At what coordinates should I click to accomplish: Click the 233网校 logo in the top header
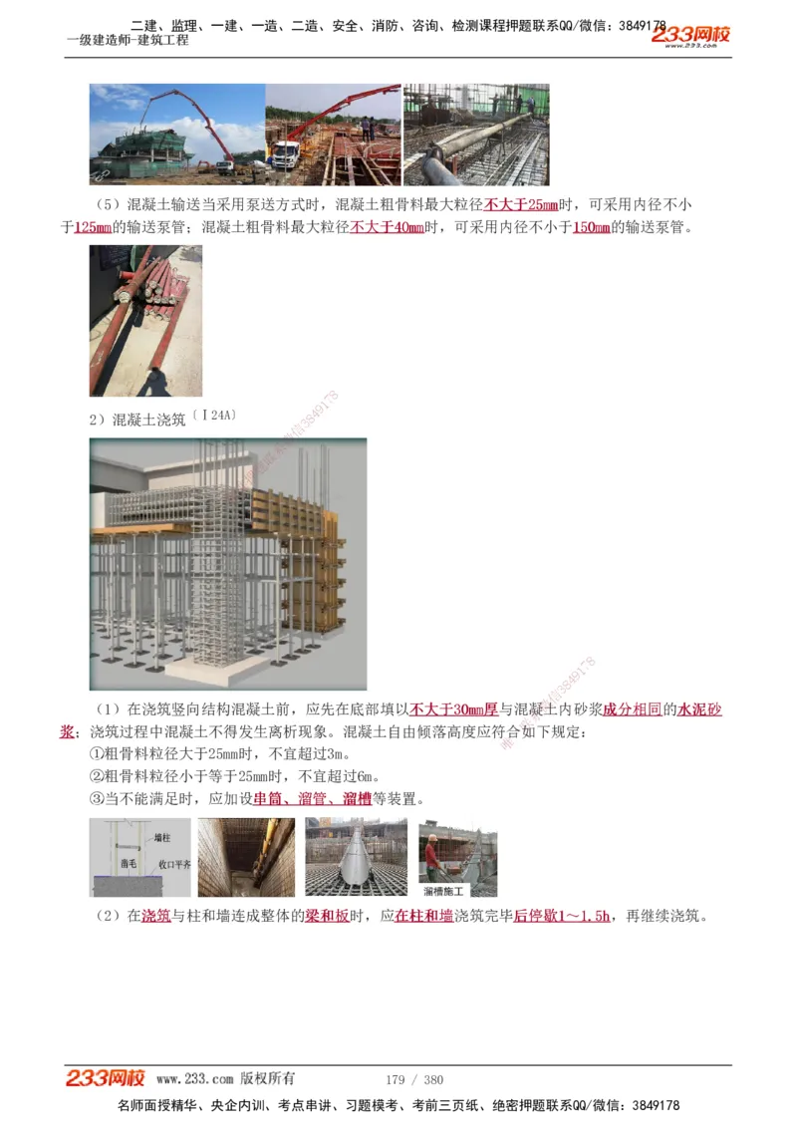pyautogui.click(x=690, y=36)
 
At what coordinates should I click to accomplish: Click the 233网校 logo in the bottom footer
pyautogui.click(x=105, y=1078)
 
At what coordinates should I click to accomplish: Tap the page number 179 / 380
pyautogui.click(x=414, y=1079)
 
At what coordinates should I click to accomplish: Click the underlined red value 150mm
pyautogui.click(x=592, y=227)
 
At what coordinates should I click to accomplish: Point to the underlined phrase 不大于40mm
pyautogui.click(x=387, y=227)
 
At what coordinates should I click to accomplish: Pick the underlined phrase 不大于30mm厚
pyautogui.click(x=454, y=709)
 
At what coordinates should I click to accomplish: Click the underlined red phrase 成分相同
pyautogui.click(x=632, y=709)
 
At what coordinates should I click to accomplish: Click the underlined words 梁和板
pyautogui.click(x=326, y=916)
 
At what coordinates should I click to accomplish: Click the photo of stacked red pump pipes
pyautogui.click(x=145, y=307)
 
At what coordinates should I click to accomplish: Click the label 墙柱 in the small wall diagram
pyautogui.click(x=158, y=839)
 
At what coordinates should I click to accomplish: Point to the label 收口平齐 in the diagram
pyautogui.click(x=173, y=865)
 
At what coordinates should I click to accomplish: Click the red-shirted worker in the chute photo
pyautogui.click(x=431, y=854)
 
